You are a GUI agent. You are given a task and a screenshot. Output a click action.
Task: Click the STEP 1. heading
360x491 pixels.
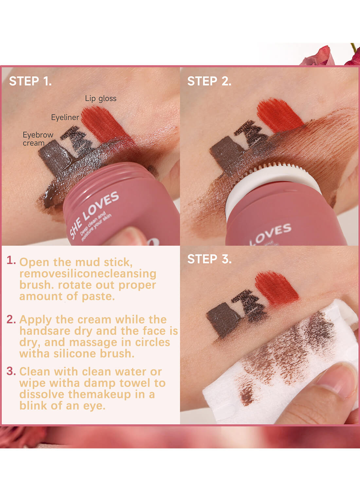[30, 81]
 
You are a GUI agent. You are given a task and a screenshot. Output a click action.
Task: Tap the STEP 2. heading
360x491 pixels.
[209, 81]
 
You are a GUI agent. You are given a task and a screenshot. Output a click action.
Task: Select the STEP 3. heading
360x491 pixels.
[209, 259]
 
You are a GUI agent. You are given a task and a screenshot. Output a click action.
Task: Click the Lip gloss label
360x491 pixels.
[100, 98]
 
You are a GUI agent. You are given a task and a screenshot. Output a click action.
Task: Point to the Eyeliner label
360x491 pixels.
[65, 117]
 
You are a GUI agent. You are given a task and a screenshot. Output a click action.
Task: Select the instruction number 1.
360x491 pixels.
[11, 261]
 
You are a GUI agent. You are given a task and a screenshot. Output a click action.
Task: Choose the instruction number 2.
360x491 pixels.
[11, 319]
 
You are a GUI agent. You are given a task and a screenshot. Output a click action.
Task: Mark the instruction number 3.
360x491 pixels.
[11, 371]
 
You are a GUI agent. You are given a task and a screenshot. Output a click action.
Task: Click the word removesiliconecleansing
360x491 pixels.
[88, 274]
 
